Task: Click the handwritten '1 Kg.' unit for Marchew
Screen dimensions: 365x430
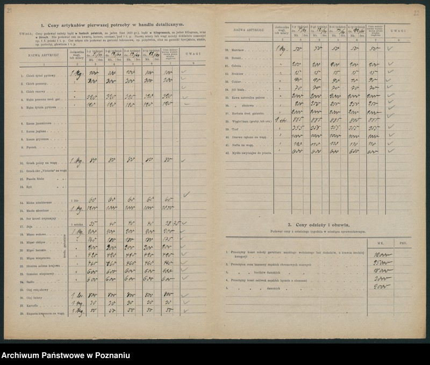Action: [x=282, y=49]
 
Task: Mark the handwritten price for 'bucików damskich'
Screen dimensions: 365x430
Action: [x=382, y=272]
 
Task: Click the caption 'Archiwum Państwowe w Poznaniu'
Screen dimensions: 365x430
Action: [x=66, y=356]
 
